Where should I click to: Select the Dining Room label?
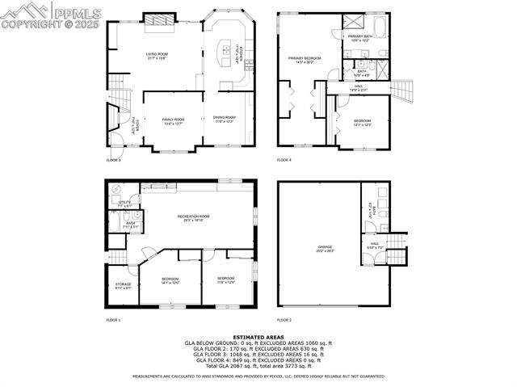tap(225, 119)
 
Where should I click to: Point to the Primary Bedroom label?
tap(305, 60)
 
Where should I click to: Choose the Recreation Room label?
tap(194, 217)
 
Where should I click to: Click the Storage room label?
tap(123, 285)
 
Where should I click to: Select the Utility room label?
tap(124, 204)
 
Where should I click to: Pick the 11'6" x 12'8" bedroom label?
tap(225, 280)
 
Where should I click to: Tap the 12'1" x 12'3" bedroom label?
tap(362, 122)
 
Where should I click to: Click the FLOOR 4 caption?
tap(284, 160)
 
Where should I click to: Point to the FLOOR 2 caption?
tap(284, 320)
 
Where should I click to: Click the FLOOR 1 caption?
tap(113, 320)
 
